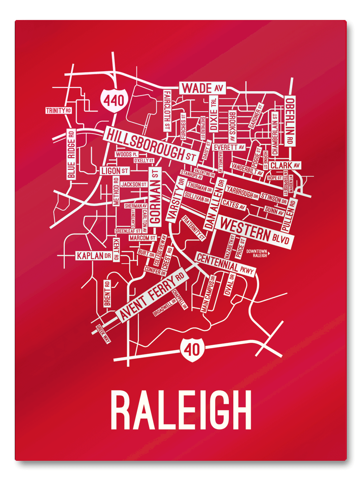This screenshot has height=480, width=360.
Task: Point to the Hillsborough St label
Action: [x=150, y=143]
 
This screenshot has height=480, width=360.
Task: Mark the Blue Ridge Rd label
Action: [x=71, y=154]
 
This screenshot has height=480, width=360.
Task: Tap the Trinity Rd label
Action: [x=58, y=110]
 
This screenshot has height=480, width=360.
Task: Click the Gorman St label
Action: [x=155, y=196]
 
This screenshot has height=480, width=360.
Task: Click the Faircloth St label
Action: [x=167, y=110]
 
